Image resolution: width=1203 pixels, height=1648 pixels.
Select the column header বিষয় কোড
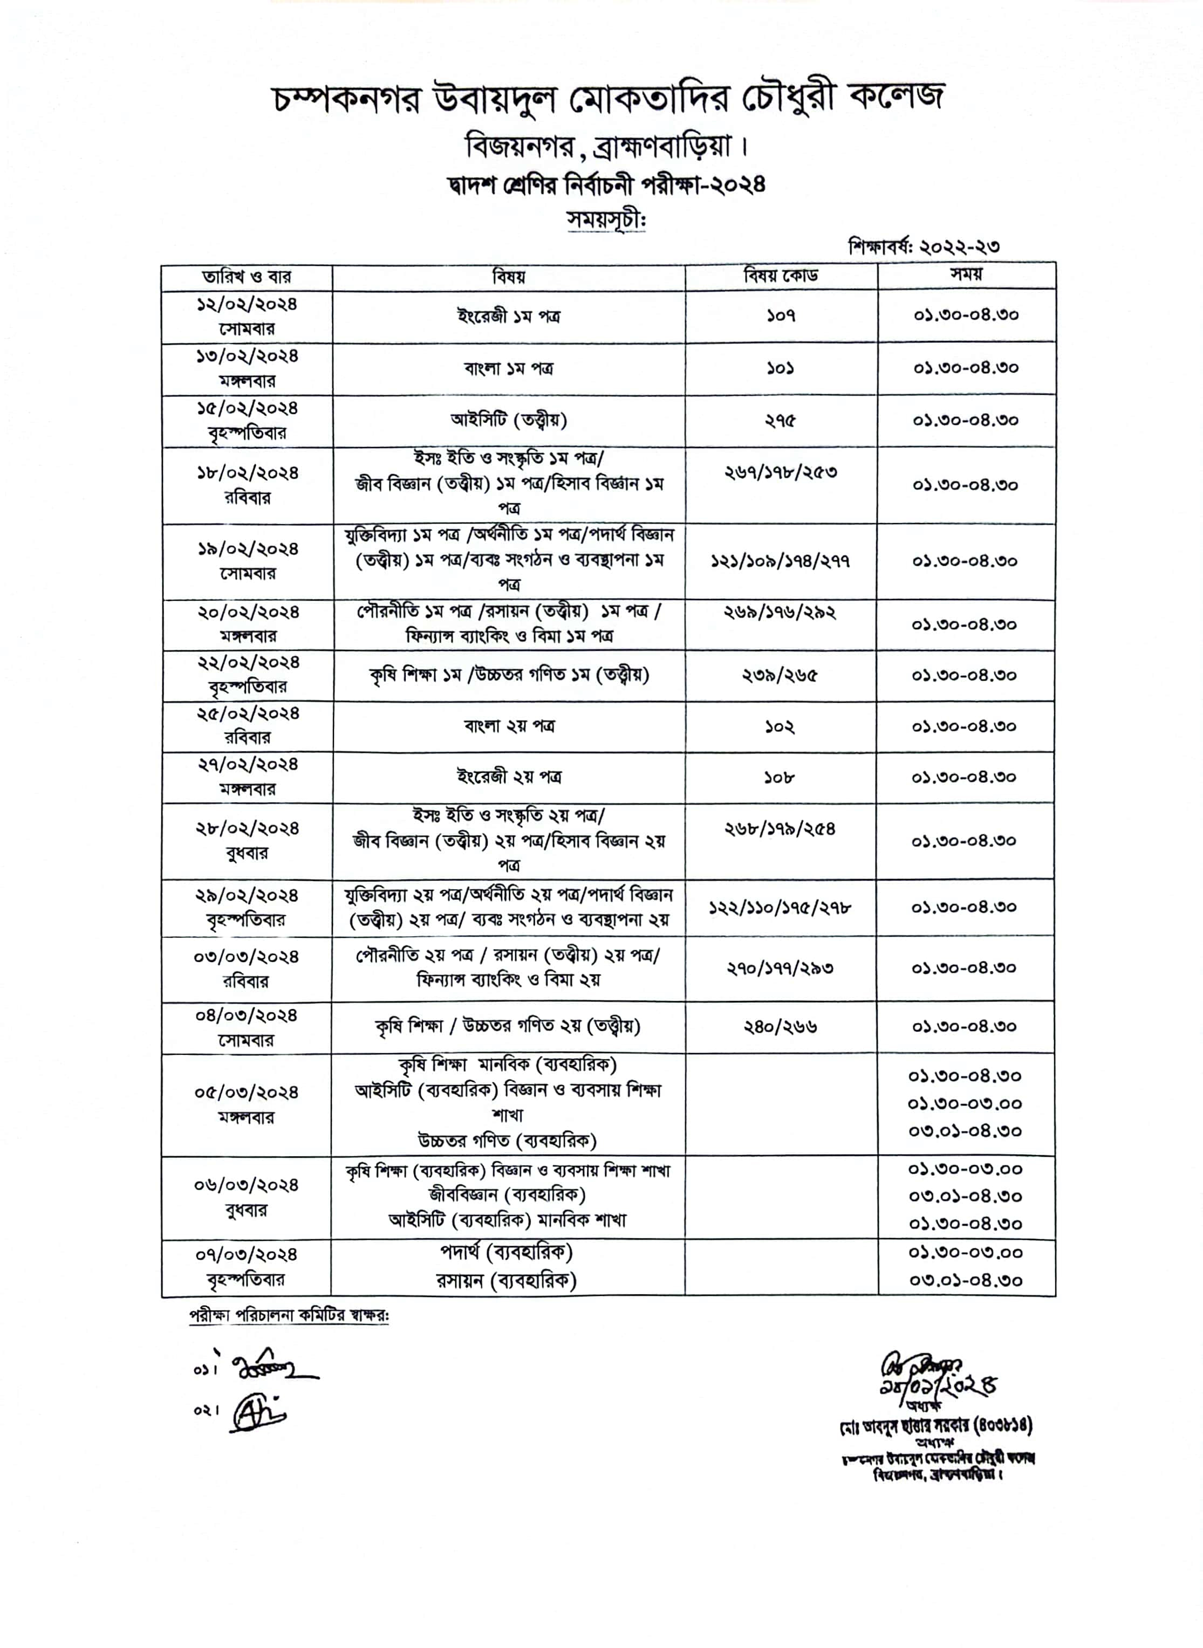click(x=781, y=276)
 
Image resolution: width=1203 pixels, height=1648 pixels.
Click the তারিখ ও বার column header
click(x=246, y=277)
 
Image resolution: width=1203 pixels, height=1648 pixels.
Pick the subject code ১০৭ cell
click(x=781, y=316)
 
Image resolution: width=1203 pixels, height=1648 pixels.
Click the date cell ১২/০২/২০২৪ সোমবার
click(x=246, y=316)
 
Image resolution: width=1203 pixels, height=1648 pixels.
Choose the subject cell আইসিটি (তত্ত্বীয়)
click(x=508, y=420)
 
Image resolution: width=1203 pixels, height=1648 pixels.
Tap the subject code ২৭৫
click(x=781, y=421)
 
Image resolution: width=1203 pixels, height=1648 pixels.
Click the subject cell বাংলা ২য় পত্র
click(x=508, y=726)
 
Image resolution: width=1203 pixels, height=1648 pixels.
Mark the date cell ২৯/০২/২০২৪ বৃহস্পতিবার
click(x=246, y=907)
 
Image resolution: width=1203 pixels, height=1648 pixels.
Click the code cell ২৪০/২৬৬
click(x=781, y=1026)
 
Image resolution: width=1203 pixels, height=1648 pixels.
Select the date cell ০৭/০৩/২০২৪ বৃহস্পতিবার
click(x=246, y=1267)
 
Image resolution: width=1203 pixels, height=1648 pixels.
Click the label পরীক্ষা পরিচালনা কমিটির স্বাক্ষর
click(x=289, y=1316)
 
